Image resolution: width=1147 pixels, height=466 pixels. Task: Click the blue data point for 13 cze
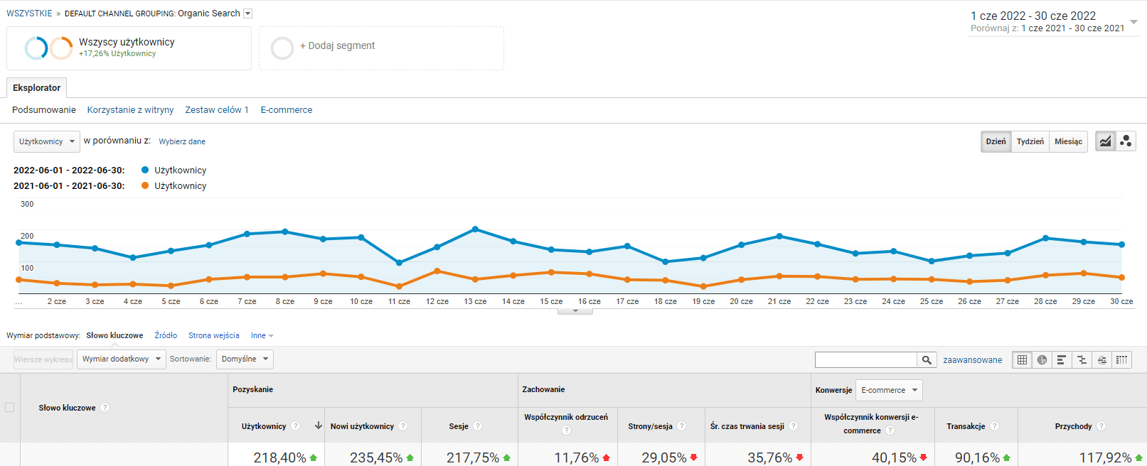click(x=475, y=229)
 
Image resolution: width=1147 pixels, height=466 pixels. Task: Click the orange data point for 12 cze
click(x=437, y=271)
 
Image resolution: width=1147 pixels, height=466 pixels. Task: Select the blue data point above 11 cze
click(x=399, y=263)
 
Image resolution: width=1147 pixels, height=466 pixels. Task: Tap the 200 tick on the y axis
click(x=27, y=236)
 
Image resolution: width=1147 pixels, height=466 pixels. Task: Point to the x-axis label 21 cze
click(x=779, y=301)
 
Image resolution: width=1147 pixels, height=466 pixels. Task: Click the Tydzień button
click(x=1030, y=141)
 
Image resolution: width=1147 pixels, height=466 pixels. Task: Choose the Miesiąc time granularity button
click(x=1068, y=141)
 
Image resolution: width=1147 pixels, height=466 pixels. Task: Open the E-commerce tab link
click(x=287, y=110)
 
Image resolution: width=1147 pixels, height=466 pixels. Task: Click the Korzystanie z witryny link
click(x=130, y=110)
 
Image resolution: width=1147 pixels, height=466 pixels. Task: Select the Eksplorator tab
click(x=36, y=88)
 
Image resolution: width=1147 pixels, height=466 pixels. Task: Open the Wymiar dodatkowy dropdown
click(x=121, y=359)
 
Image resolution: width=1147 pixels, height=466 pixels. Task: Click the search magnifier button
click(x=927, y=360)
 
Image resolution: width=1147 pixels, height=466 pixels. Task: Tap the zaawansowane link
click(x=972, y=360)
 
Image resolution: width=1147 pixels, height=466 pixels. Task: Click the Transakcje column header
click(x=966, y=426)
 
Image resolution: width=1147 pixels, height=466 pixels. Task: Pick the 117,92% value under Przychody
click(x=1105, y=458)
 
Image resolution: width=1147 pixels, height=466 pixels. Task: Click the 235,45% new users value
click(x=376, y=458)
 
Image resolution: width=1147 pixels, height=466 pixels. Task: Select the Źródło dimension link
click(x=166, y=335)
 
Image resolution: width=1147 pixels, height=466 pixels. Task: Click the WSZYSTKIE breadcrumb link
click(x=29, y=13)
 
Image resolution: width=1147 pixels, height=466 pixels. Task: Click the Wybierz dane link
click(x=182, y=141)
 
